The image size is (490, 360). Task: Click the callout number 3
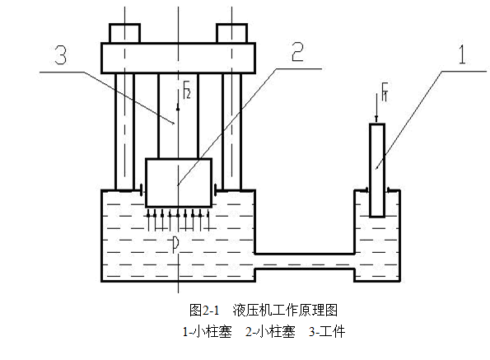[x=61, y=54]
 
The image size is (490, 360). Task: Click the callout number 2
[x=297, y=52]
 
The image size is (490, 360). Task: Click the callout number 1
[x=462, y=54]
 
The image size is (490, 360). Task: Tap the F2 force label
[x=187, y=90]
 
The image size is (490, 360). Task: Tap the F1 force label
[x=385, y=91]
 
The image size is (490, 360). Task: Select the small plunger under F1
[x=377, y=171]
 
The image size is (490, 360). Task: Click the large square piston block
[x=179, y=183]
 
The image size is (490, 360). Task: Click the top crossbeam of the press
[x=178, y=58]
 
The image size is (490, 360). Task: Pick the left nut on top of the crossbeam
[x=124, y=33]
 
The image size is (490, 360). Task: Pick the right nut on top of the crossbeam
[x=232, y=33]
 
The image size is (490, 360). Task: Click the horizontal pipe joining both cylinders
[x=305, y=261]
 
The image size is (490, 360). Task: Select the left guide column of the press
[x=124, y=132]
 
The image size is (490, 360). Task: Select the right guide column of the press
[x=232, y=132]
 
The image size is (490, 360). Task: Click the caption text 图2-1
[x=204, y=310]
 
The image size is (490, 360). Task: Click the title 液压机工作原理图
[x=285, y=310]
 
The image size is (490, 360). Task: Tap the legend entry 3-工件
[x=327, y=331]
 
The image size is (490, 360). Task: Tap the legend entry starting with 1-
[x=208, y=331]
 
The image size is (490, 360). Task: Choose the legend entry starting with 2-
[x=270, y=331]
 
